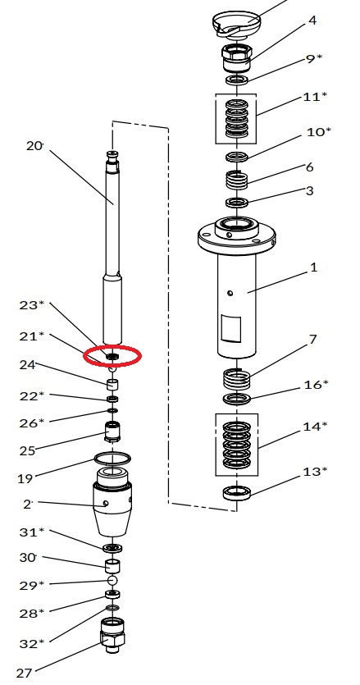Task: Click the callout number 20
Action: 34,146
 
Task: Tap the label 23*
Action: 32,305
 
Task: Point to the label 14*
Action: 315,427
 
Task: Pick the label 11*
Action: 315,97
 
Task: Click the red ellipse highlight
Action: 112,356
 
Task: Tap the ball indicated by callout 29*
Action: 112,580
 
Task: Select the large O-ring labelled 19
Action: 112,459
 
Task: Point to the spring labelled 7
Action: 237,378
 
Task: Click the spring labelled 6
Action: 236,180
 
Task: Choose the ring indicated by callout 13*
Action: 236,494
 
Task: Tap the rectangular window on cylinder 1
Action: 230,329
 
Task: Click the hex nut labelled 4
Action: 236,57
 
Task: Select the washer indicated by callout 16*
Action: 236,399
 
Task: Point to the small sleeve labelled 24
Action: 112,385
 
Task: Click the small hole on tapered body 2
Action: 106,503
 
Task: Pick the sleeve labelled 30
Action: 112,566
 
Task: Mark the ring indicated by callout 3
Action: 236,203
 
